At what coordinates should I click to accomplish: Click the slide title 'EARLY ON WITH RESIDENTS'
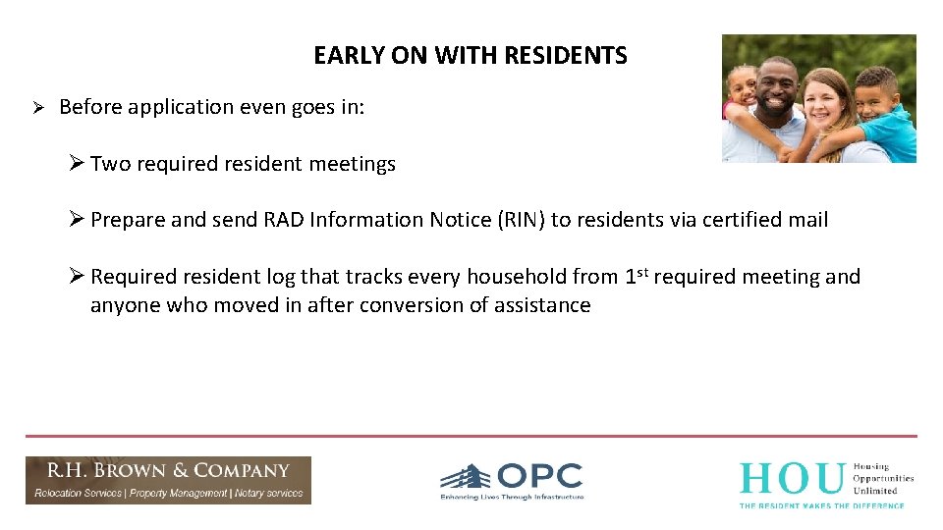coord(470,56)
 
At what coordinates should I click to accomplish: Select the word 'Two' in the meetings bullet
coord(110,164)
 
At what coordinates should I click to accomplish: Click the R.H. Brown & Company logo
coord(168,480)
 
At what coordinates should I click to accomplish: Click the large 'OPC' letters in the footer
coord(539,477)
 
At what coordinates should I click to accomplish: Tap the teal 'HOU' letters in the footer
coord(791,479)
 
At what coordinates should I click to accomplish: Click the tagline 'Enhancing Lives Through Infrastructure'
coord(512,498)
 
